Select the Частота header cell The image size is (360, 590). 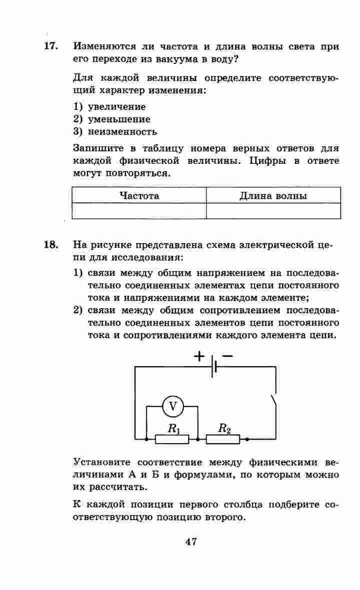(139, 195)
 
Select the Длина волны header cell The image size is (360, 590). (273, 195)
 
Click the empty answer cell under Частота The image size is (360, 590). (139, 211)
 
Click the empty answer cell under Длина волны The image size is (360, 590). (273, 211)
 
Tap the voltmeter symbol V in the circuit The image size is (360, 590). (173, 407)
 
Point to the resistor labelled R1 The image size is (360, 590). (172, 439)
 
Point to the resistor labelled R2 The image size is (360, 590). (223, 439)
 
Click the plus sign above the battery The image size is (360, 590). (199, 356)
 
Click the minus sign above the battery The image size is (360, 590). (227, 356)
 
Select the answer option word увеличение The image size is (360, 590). (116, 106)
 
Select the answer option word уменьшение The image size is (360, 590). (119, 119)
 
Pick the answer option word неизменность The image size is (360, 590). (122, 132)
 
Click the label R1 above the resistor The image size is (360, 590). (173, 428)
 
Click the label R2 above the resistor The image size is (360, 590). (224, 428)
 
